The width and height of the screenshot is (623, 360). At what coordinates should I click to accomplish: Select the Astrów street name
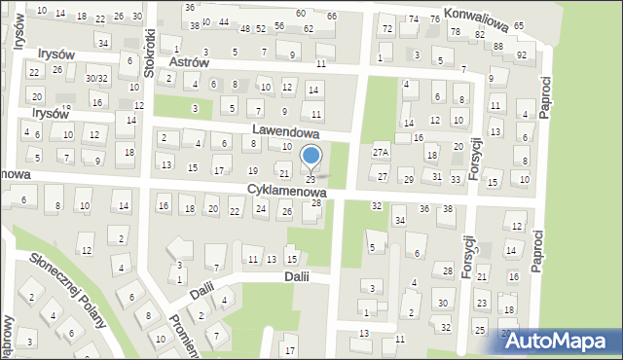(189, 61)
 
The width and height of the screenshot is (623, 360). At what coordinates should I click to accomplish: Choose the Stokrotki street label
(149, 53)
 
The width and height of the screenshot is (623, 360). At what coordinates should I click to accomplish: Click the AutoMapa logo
(560, 340)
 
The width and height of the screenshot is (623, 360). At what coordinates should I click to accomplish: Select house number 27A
(381, 153)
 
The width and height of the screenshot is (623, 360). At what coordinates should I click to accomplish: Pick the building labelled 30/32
(96, 78)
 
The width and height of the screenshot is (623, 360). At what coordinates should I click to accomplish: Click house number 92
(522, 54)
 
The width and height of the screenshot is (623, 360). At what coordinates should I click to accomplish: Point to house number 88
(498, 46)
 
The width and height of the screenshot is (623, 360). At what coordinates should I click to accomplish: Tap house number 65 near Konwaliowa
(519, 25)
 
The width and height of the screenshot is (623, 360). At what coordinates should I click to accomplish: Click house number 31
(438, 176)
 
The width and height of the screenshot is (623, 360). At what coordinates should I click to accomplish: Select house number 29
(409, 180)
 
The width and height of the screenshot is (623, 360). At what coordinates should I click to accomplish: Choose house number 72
(386, 28)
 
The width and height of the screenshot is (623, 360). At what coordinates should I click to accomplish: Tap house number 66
(332, 17)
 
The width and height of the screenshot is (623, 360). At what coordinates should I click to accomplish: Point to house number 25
(479, 331)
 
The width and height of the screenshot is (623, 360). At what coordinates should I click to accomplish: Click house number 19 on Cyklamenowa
(253, 171)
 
